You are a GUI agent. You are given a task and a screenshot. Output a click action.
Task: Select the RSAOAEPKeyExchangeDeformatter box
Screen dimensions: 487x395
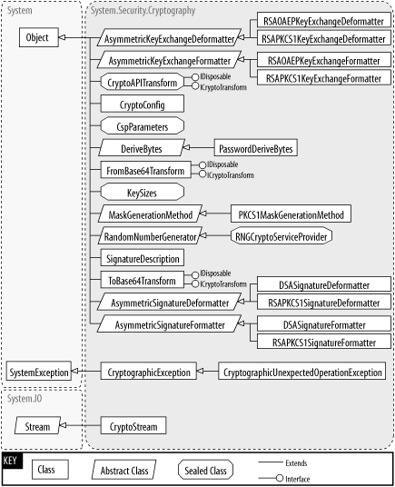pyautogui.click(x=323, y=20)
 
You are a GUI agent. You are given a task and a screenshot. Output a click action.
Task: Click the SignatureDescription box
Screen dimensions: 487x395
pyautogui.click(x=143, y=258)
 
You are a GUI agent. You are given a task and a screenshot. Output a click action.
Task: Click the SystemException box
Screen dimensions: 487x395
pyautogui.click(x=38, y=372)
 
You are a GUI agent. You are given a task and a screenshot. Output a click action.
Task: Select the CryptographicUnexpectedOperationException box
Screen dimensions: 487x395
pyautogui.click(x=302, y=372)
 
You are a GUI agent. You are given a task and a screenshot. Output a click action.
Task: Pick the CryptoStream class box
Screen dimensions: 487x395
pyautogui.click(x=133, y=426)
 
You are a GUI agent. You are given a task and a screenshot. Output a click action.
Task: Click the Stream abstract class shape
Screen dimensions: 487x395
pyautogui.click(x=38, y=426)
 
